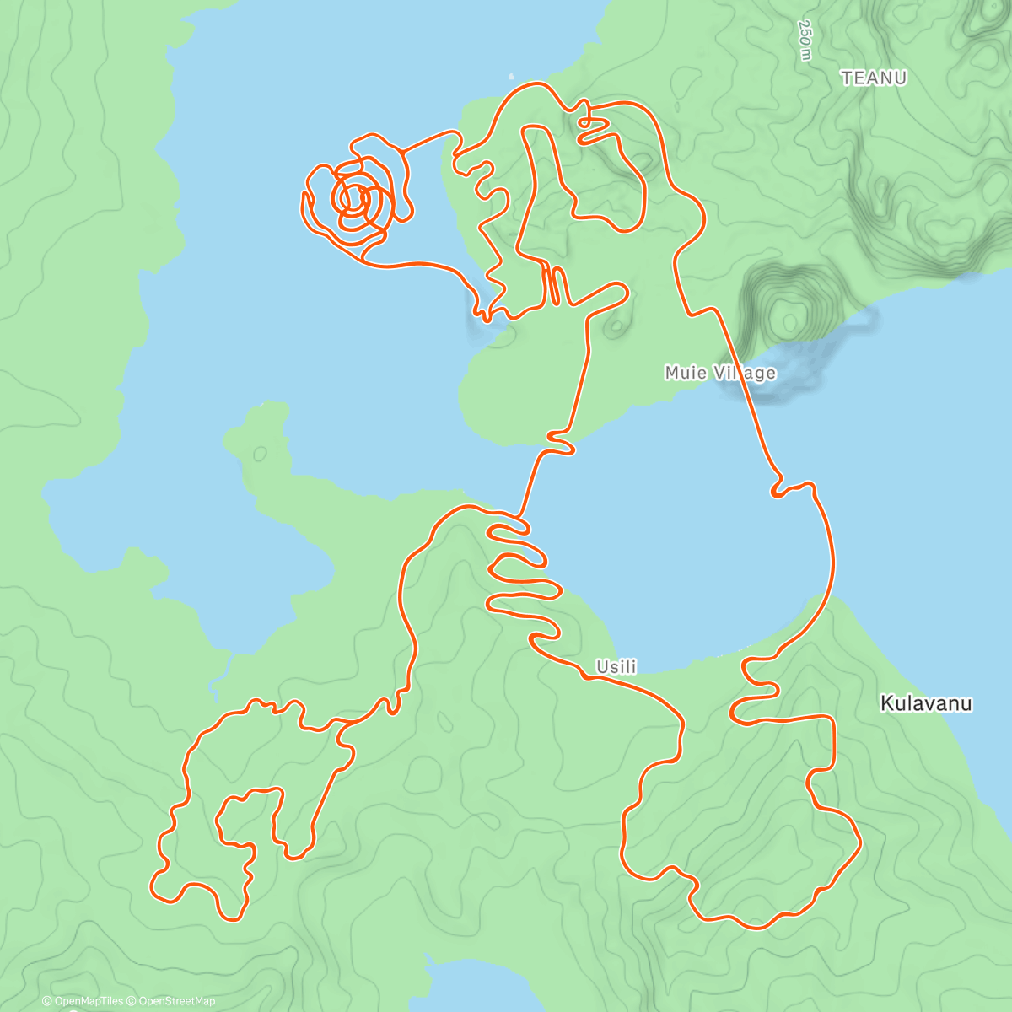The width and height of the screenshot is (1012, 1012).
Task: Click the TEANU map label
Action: tap(874, 78)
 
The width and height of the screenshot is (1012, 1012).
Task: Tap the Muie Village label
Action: tap(719, 373)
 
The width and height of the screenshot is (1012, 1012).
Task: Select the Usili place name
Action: tap(616, 667)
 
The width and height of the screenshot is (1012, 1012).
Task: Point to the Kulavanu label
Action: tap(926, 703)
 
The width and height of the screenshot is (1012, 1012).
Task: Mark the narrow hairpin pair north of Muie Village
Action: tap(552, 285)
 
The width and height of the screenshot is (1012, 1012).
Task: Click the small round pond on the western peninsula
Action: tap(259, 454)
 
